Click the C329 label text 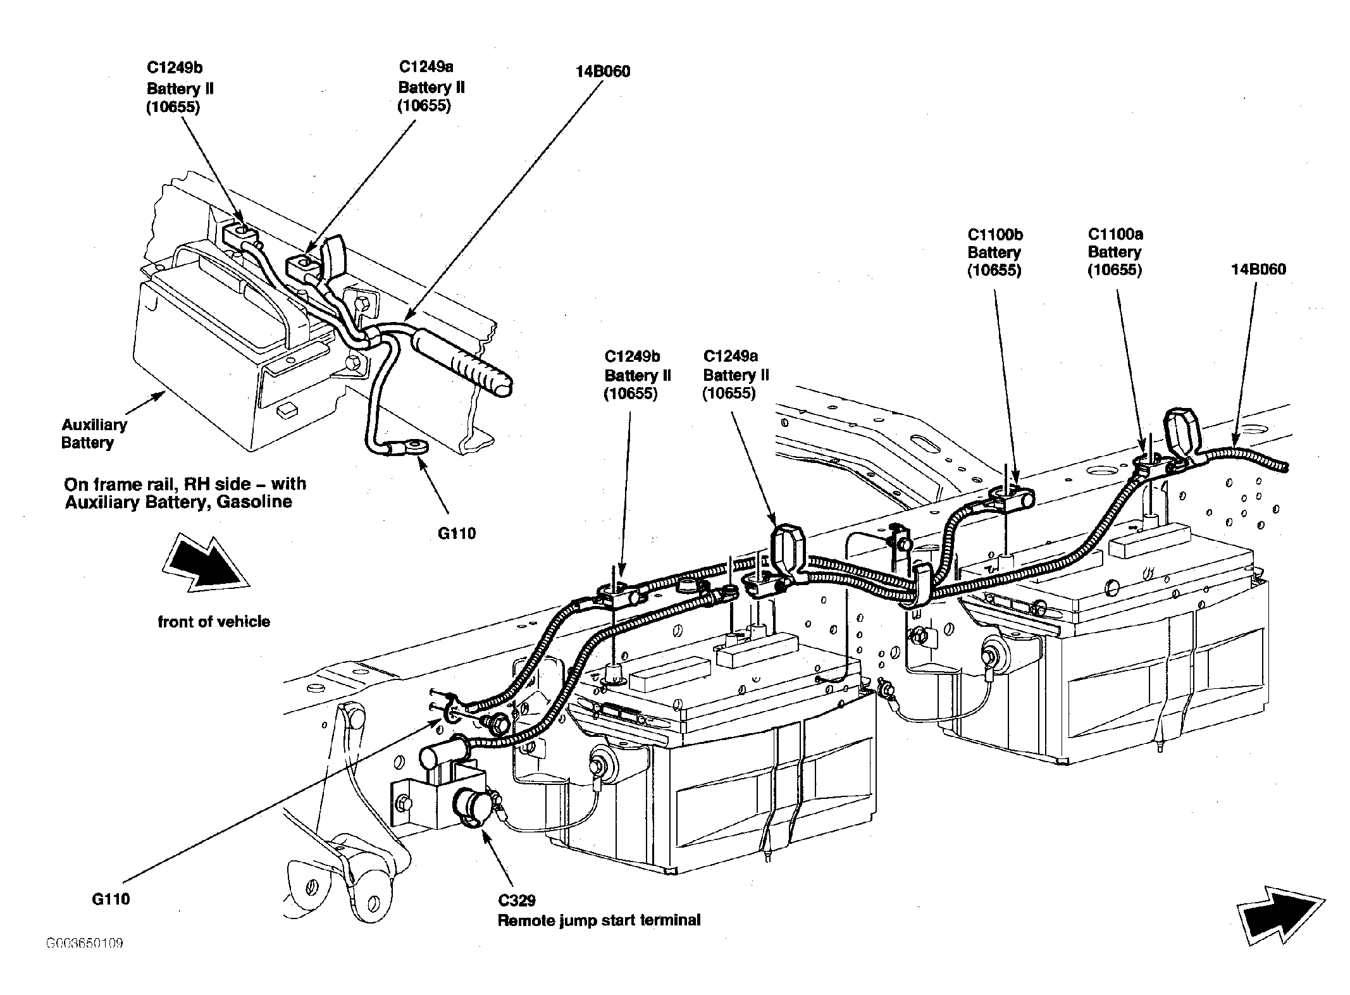click(516, 900)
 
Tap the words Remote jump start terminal click(599, 920)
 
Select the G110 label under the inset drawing click(457, 533)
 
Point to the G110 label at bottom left click(111, 899)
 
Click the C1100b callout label click(995, 252)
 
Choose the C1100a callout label click(1115, 252)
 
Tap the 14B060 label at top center click(603, 71)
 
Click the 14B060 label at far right click(1258, 269)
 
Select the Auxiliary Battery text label click(94, 433)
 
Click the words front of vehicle click(214, 622)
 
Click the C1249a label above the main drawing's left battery click(736, 375)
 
